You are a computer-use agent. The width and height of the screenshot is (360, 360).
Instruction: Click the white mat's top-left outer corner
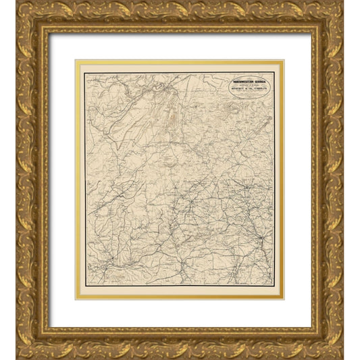pyautogui.click(x=49, y=33)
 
